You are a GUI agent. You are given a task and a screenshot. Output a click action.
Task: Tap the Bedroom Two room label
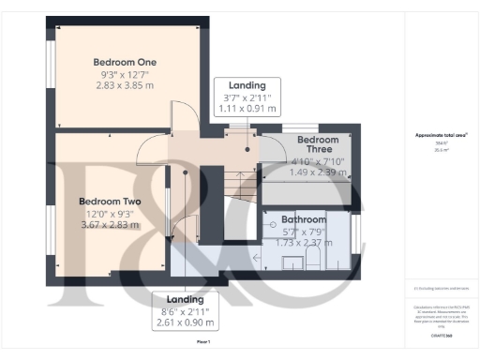point(110,202)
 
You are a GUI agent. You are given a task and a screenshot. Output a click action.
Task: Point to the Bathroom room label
point(303,219)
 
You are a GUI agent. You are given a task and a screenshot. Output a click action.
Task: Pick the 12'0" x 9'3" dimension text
point(110,213)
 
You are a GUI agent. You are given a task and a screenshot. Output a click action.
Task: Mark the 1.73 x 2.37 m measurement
point(303,243)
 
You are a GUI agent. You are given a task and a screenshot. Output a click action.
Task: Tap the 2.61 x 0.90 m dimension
point(185,323)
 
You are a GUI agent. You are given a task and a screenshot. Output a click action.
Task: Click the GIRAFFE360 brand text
point(440,334)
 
